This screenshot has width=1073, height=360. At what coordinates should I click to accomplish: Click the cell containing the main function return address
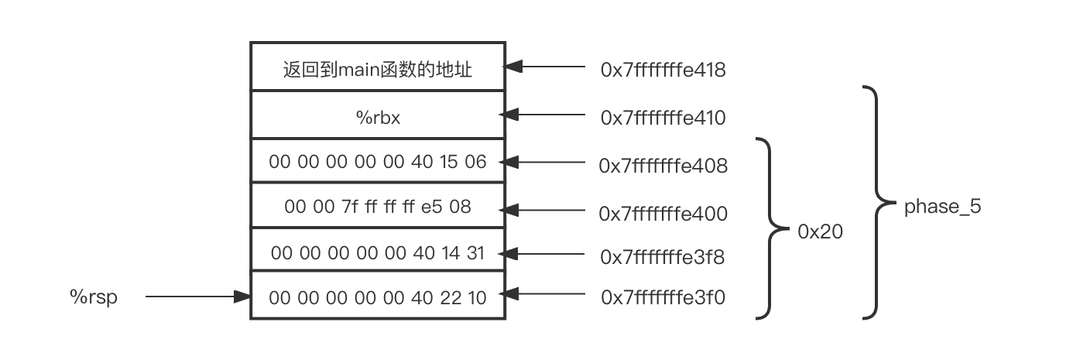pos(377,70)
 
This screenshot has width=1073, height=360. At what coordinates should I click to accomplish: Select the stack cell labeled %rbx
pos(377,117)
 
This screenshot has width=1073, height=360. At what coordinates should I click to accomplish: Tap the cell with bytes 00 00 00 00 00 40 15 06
pos(377,162)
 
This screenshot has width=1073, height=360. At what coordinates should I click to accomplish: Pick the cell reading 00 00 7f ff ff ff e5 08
pos(377,207)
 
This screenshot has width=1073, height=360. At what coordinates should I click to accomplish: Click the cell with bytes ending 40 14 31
pos(377,252)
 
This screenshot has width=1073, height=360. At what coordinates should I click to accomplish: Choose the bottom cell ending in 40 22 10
pos(377,297)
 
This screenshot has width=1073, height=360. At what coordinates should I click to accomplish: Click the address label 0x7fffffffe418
pos(663,70)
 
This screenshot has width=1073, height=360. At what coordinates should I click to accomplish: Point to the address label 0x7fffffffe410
pos(663,118)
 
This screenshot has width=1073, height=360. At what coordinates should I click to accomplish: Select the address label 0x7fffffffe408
pos(663,166)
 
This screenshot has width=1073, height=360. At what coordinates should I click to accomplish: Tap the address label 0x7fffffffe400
pos(663,213)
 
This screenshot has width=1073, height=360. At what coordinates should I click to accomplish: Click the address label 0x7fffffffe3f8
pos(663,257)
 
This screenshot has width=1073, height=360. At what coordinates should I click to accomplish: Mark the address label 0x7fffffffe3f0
pos(663,297)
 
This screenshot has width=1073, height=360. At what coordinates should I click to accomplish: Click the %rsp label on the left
pos(94,297)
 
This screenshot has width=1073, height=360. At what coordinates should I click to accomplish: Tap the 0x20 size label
pos(820,231)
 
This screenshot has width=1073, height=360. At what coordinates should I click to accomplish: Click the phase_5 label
pos(942,207)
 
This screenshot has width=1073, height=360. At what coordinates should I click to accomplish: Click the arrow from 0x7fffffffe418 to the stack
pos(545,67)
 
